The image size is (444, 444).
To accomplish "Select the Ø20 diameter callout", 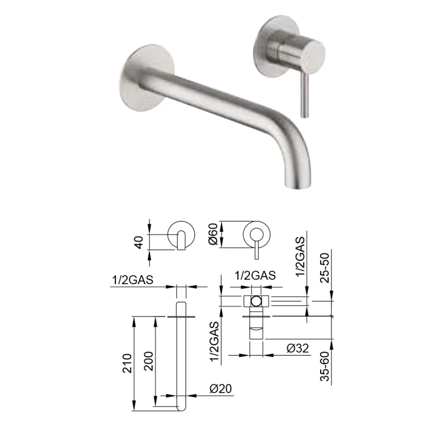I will pos(221,389).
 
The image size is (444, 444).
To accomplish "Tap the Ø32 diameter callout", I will pos(297,348).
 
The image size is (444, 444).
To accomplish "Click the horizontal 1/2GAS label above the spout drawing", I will pos(133,280).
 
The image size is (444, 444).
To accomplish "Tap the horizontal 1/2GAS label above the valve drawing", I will pos(255,276).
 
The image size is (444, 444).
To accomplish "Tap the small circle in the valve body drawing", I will pos(257,301).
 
